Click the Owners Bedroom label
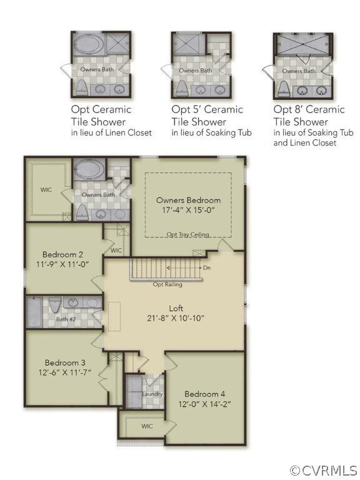point(188,200)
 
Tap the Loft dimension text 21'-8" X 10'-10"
point(177,318)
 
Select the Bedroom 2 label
point(62,254)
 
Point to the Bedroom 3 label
point(65,362)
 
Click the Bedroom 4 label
point(205,394)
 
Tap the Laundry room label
point(152,394)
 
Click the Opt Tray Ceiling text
point(187,234)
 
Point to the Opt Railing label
point(168,284)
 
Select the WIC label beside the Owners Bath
point(46,189)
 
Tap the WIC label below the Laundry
point(147,426)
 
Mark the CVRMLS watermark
point(324,470)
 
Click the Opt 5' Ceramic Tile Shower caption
point(207,116)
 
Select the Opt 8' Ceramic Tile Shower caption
point(309,116)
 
